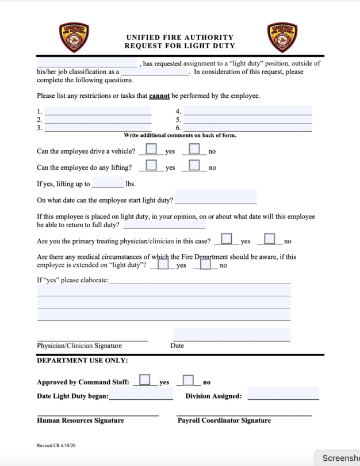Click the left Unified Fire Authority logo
74,37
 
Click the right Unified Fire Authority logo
282,37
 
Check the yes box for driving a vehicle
151,149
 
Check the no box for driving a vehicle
194,149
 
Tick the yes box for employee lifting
151,165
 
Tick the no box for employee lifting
194,165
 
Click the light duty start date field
215,197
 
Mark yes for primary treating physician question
227,238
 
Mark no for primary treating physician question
270,238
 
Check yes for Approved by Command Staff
145,380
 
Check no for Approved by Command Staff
188,380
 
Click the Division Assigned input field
283,394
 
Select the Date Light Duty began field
140,394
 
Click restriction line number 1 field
98,111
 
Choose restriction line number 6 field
247,127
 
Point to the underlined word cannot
159,96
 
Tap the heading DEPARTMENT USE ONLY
82,361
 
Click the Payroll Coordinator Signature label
224,421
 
